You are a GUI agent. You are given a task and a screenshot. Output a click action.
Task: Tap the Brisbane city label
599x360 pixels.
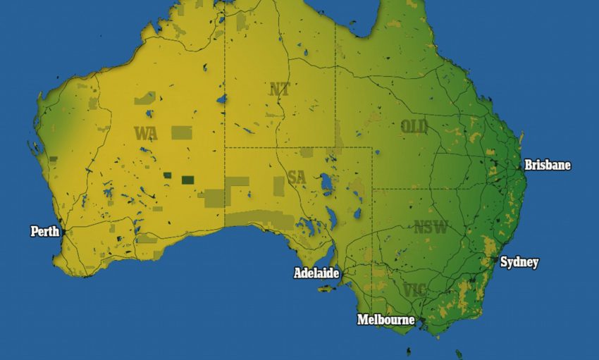pos(547,166)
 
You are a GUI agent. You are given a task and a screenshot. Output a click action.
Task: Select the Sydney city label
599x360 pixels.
pos(519,263)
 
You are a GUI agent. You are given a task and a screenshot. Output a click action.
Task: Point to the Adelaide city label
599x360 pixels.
pos(316,273)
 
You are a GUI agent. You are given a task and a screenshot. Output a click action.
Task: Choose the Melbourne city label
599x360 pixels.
pos(385,320)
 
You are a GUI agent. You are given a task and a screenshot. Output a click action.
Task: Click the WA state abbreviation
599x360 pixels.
pos(146,132)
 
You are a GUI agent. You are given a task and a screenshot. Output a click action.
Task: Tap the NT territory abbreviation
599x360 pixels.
pos(279,89)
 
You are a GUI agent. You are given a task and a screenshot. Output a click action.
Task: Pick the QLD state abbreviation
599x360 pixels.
pos(414,127)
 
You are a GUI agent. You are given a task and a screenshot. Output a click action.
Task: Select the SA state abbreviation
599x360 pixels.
pos(297,177)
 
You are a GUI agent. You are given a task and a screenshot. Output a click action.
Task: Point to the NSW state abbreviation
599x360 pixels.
pos(431,228)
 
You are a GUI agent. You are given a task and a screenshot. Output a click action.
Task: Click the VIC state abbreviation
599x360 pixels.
pos(415,290)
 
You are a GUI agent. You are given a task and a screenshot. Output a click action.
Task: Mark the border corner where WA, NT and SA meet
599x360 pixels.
pos(225,148)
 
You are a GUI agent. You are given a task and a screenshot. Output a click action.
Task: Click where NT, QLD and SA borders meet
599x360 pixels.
pos(335,148)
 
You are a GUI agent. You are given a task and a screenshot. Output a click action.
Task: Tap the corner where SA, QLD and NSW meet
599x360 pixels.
pos(372,189)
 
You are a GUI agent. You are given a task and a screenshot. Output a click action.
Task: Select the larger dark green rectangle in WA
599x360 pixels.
pos(187,180)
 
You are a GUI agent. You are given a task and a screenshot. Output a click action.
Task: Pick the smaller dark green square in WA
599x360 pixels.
pos(167,175)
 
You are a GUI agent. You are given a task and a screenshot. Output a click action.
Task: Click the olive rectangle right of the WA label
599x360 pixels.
pos(181,132)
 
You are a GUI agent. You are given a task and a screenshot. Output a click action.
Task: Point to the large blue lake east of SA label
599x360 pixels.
pos(326,185)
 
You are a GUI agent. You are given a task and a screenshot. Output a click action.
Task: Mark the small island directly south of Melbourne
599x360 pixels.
pos(408,350)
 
